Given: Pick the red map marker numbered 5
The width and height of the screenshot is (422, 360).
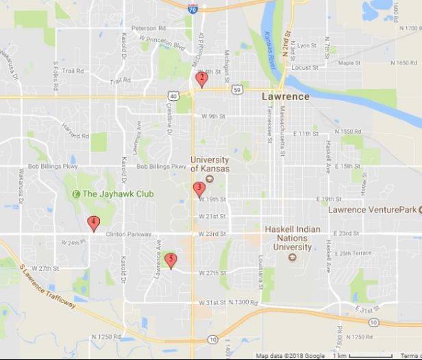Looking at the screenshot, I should click(171, 259).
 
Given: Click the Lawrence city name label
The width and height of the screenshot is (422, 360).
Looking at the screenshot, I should click(286, 97).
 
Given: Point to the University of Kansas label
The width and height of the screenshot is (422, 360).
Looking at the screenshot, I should click(210, 164).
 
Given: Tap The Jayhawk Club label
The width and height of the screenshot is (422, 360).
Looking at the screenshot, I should click(117, 194).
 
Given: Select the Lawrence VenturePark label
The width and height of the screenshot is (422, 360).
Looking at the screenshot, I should click(373, 209).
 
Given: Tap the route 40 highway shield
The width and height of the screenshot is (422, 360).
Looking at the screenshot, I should click(173, 97).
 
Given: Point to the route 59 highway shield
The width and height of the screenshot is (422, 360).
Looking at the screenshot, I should click(236, 89).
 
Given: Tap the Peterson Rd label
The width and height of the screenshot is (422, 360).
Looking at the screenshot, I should click(149, 29).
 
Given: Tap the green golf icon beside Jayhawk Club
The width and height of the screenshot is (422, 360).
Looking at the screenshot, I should click(76, 194).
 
